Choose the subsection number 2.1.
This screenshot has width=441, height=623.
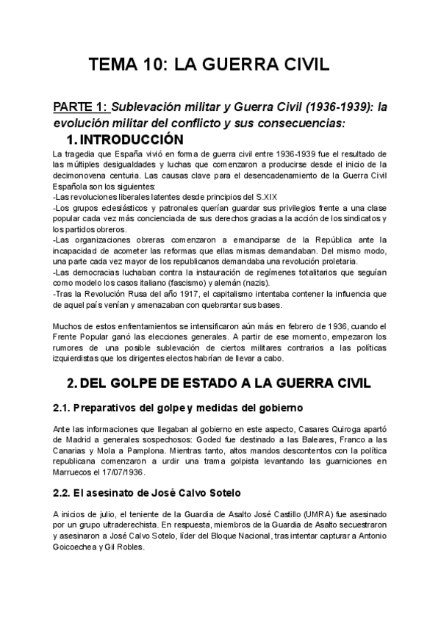tap(62, 408)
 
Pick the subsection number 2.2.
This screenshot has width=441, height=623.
tap(62, 494)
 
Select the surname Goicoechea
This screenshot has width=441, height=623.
tap(80, 547)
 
